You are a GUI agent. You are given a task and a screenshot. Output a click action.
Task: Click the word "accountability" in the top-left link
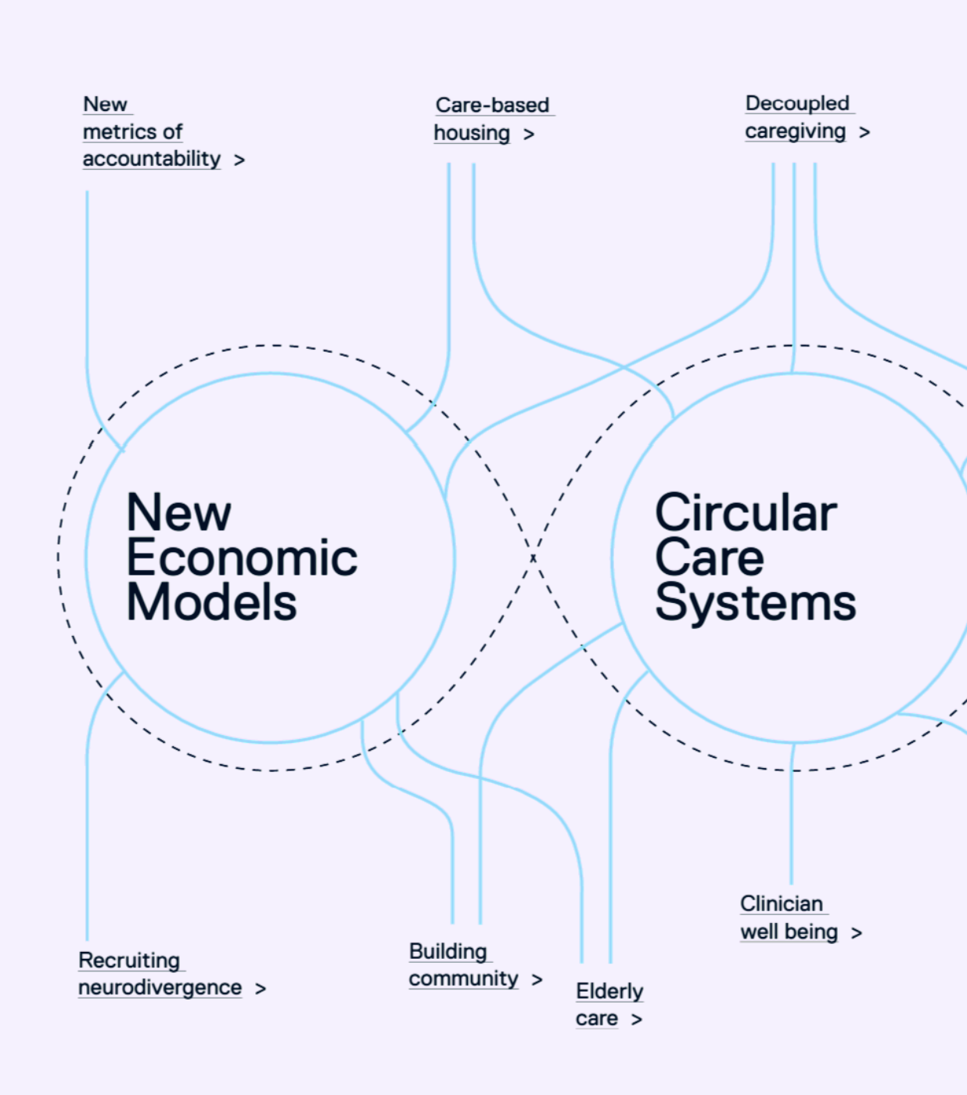tap(152, 159)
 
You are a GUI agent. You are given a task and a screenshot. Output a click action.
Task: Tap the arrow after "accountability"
tap(239, 160)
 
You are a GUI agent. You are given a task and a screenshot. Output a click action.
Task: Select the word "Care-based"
tap(492, 105)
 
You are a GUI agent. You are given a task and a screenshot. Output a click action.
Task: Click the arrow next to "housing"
tap(529, 135)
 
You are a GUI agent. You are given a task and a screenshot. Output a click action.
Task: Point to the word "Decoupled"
tap(797, 103)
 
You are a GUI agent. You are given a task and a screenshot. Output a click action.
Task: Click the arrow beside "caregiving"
tap(864, 133)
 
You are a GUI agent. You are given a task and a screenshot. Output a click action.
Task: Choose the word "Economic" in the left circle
tap(242, 558)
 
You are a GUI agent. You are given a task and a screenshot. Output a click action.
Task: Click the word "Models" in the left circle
tap(211, 603)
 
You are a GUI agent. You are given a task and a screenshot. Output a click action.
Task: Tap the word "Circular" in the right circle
tap(746, 513)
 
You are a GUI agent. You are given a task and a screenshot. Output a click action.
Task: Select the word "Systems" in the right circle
tap(755, 603)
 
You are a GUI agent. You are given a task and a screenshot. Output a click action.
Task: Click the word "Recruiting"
tap(129, 960)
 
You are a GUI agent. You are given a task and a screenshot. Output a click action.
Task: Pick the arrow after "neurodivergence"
tap(261, 989)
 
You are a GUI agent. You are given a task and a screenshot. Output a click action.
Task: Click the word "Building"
tap(448, 951)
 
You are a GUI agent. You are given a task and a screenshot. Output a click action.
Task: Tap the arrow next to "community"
tap(537, 980)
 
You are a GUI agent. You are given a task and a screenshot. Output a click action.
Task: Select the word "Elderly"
tap(609, 991)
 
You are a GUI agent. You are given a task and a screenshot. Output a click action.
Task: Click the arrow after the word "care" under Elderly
tap(637, 1020)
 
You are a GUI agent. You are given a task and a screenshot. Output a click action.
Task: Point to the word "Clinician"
tap(782, 903)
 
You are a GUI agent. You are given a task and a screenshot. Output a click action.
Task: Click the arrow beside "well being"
tap(857, 933)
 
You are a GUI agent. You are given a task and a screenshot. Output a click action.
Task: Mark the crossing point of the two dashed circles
tap(533, 557)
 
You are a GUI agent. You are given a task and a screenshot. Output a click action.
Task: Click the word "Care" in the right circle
tap(709, 558)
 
